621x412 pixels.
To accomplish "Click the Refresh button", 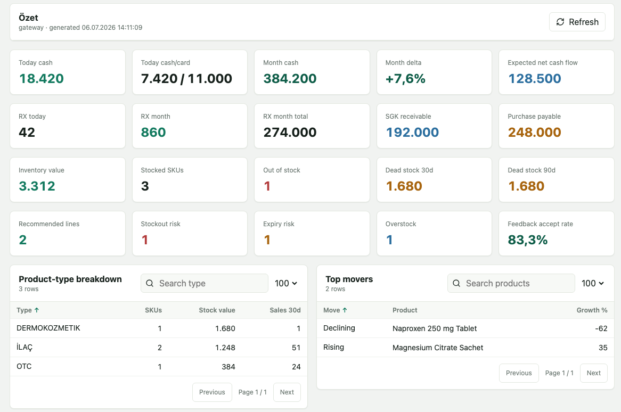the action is tap(577, 22).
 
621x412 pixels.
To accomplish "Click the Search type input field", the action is tap(205, 283).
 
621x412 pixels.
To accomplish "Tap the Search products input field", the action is tap(511, 283).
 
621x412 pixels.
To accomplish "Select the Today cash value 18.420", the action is tap(42, 78).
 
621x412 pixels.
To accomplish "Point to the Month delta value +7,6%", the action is tap(405, 78).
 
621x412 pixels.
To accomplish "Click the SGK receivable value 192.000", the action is tap(412, 132).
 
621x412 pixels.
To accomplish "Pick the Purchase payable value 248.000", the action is tap(534, 132).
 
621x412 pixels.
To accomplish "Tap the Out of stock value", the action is tap(267, 186).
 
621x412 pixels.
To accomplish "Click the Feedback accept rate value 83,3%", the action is tap(528, 240).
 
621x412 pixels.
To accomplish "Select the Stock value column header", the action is tap(217, 310).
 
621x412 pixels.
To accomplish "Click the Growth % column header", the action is tap(592, 310).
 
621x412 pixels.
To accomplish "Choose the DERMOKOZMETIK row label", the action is tap(48, 328).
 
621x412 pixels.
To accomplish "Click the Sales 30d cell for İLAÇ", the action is tap(296, 348).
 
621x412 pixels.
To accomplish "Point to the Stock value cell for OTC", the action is tap(228, 367).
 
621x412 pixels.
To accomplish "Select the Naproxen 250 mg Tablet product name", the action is tap(435, 328).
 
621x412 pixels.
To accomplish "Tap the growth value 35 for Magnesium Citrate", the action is tap(603, 348).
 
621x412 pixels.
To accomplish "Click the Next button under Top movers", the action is tap(594, 373).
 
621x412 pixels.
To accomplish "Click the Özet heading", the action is tap(29, 18).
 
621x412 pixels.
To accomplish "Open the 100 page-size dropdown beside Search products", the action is tap(592, 283).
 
